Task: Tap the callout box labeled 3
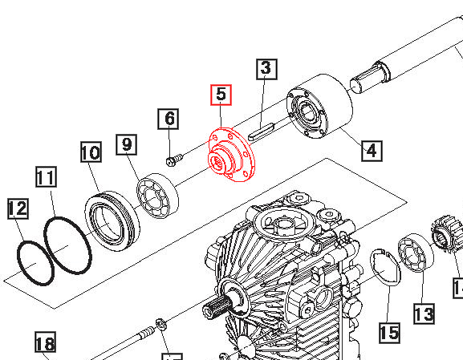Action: point(266,70)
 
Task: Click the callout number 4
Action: point(371,149)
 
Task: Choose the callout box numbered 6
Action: point(169,119)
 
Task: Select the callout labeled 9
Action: point(126,144)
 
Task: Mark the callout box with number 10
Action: point(91,152)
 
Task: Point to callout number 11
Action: point(47,177)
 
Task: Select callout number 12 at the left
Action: point(17,209)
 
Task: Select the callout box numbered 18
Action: point(45,345)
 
